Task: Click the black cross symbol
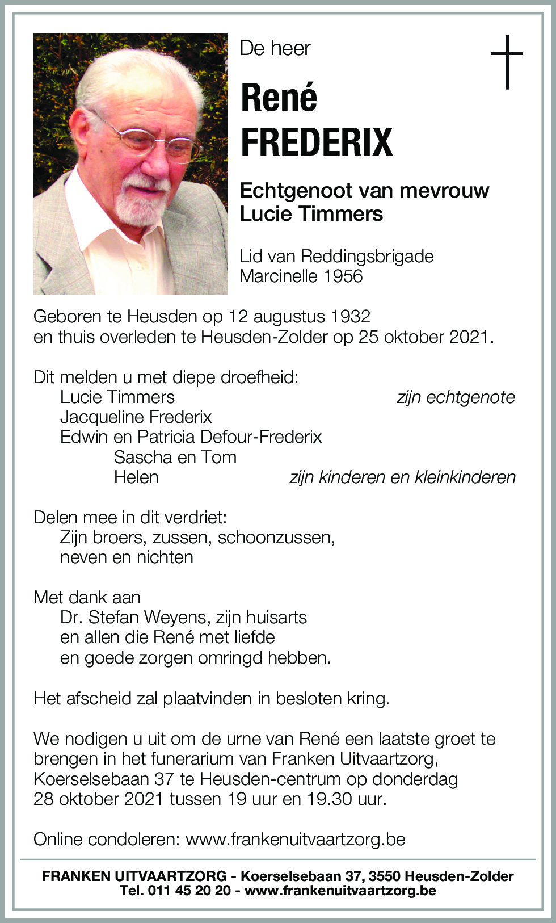tap(506, 62)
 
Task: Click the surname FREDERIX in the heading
tap(317, 142)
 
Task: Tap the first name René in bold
tap(279, 98)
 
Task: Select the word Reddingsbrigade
tap(367, 257)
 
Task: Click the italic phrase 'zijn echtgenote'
tap(456, 397)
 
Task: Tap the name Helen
tap(136, 477)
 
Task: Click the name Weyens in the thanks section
tap(175, 618)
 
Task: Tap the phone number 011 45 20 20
tap(189, 890)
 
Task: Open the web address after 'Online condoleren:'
tap(295, 840)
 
